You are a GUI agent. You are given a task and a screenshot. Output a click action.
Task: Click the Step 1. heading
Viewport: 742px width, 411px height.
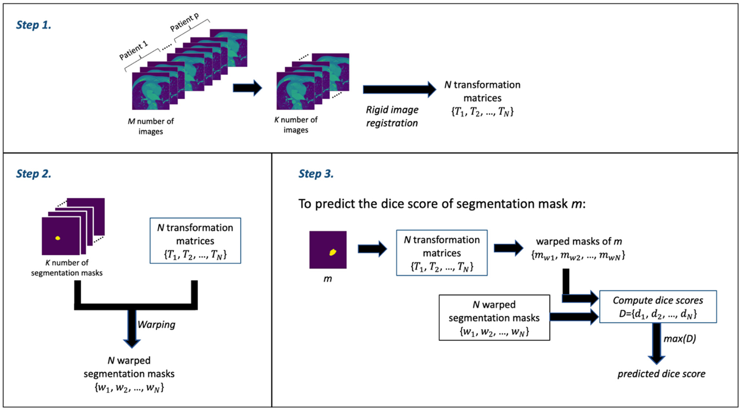(x=33, y=25)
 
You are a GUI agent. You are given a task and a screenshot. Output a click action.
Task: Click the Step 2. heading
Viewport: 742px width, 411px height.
(x=33, y=174)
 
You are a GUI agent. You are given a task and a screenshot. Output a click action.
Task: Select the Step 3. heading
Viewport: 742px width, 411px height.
(x=316, y=174)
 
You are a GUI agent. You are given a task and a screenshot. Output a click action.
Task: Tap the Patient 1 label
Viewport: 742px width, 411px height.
(x=134, y=50)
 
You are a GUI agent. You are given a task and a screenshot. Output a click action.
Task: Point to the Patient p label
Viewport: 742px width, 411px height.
(x=184, y=22)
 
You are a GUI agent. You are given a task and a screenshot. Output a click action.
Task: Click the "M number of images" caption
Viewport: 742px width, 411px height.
(x=151, y=126)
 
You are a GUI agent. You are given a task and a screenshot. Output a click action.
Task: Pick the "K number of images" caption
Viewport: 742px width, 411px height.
(x=296, y=125)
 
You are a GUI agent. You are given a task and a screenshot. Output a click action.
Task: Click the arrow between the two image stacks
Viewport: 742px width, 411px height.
(x=247, y=88)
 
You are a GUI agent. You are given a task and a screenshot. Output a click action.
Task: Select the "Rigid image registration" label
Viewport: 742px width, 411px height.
(x=392, y=116)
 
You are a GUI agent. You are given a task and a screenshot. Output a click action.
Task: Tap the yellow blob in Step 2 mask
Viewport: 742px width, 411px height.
(x=58, y=238)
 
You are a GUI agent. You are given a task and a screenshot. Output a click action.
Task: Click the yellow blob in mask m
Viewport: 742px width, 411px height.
(x=332, y=252)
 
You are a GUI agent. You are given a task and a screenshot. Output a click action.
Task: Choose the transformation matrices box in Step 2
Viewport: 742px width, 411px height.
(x=195, y=240)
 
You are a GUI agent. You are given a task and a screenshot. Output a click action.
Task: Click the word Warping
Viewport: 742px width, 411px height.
(x=156, y=325)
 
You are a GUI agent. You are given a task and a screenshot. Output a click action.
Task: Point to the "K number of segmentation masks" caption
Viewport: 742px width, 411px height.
(x=67, y=268)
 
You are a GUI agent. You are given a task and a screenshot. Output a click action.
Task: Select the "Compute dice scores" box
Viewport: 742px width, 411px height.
(x=657, y=307)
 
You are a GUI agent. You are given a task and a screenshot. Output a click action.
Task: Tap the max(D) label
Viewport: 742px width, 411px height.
(x=680, y=339)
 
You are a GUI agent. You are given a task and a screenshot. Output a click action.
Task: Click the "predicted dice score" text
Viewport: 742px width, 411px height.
(x=661, y=374)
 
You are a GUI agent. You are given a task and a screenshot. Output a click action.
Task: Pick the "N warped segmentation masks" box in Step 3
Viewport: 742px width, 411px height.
(x=494, y=318)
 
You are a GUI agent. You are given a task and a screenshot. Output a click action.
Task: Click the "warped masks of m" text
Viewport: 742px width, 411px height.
(x=579, y=242)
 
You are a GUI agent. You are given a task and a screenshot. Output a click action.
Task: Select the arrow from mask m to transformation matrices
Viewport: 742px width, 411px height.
(x=372, y=249)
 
